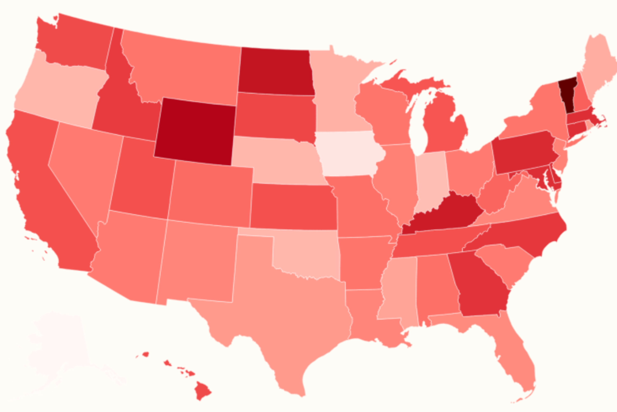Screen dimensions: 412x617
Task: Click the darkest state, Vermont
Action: [x=567, y=95]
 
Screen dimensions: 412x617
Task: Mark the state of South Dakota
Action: [x=275, y=116]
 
